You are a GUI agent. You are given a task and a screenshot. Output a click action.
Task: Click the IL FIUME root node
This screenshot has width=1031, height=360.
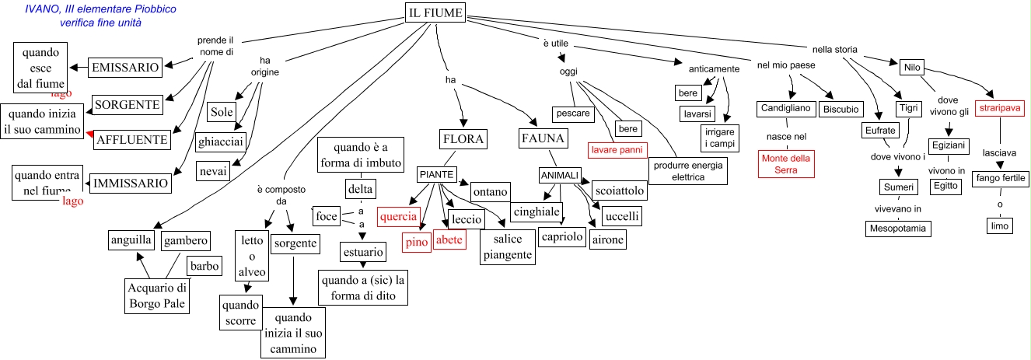tap(435, 13)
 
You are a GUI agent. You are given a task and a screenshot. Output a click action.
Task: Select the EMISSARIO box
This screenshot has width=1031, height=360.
tap(125, 68)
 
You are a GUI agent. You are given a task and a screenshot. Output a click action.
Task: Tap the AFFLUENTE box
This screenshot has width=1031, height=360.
tap(131, 140)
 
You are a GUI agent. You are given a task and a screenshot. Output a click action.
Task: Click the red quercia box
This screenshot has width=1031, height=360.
tap(398, 217)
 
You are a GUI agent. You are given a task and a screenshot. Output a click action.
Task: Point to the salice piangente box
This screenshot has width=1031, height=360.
tap(506, 247)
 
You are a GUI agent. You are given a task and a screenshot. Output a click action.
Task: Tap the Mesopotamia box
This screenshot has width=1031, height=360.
tap(897, 228)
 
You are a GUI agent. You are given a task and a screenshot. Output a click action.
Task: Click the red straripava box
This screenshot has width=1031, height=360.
tap(1001, 108)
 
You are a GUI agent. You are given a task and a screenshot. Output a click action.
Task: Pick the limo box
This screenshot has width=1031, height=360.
tap(998, 226)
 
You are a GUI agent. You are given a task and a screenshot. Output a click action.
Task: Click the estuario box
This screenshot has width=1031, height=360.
tap(362, 252)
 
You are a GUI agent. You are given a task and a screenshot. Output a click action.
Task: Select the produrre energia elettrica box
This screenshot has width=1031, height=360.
tap(687, 171)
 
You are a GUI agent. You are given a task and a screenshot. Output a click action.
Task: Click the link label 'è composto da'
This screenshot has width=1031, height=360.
tap(276, 195)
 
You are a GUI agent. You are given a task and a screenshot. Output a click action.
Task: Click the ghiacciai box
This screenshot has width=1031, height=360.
tap(221, 142)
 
